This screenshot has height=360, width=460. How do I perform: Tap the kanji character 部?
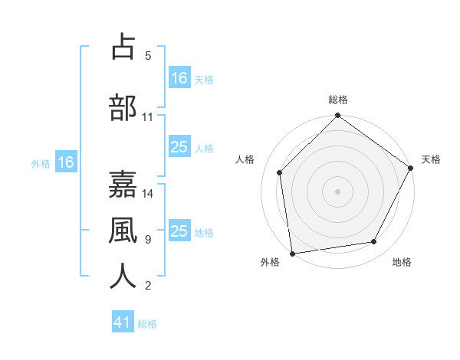click(123, 107)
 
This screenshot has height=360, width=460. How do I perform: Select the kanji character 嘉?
click(123, 183)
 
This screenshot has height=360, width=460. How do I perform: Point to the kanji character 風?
click(123, 229)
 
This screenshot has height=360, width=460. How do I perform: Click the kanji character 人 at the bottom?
click(123, 276)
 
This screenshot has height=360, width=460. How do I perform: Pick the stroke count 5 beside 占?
click(148, 55)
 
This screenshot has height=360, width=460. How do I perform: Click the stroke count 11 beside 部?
click(148, 117)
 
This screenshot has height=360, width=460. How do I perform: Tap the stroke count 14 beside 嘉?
click(148, 193)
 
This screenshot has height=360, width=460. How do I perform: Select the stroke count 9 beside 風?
click(148, 240)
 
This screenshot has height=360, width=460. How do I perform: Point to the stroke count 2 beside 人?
click(148, 286)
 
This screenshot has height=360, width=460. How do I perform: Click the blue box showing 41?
click(123, 322)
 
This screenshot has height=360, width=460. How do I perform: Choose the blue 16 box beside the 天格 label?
click(179, 77)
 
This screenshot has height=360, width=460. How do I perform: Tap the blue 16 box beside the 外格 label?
click(65, 162)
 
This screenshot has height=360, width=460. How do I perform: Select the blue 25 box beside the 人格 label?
click(179, 147)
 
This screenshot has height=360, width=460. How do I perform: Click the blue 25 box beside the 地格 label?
click(179, 232)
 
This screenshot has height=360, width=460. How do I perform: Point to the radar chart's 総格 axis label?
click(338, 100)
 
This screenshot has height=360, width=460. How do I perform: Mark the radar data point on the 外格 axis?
click(292, 253)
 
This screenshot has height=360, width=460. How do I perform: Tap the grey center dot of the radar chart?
click(337, 191)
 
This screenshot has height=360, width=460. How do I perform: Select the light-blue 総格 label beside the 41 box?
click(147, 324)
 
